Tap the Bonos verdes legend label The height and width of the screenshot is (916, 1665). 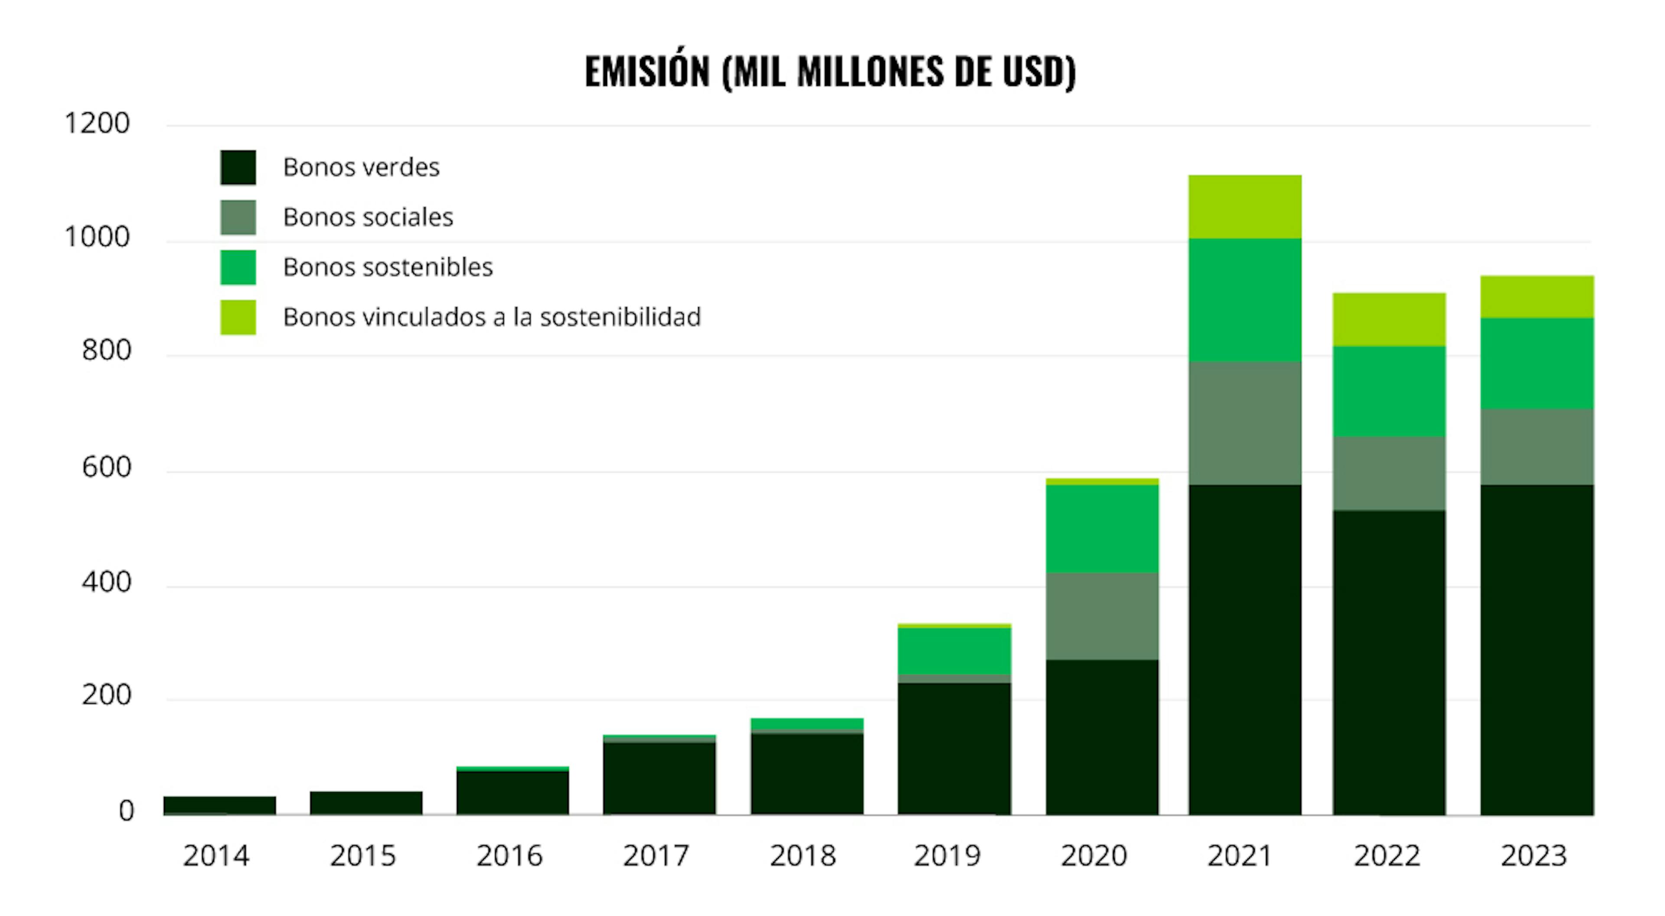361,167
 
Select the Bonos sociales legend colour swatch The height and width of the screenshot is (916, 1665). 238,217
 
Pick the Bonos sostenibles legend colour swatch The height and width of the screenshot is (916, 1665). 238,267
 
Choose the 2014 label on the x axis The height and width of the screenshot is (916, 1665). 216,856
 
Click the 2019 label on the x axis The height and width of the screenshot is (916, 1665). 947,856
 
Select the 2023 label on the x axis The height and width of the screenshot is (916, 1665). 1534,856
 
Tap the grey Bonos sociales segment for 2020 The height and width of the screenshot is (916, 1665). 1102,616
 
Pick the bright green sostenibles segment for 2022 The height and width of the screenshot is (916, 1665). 1389,392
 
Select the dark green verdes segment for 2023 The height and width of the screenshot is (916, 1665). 1537,650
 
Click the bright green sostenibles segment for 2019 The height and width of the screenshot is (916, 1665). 954,651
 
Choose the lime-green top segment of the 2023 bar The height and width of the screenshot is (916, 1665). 1537,297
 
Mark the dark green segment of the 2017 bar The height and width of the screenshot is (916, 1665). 659,779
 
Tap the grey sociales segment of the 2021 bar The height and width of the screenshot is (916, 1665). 1245,423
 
